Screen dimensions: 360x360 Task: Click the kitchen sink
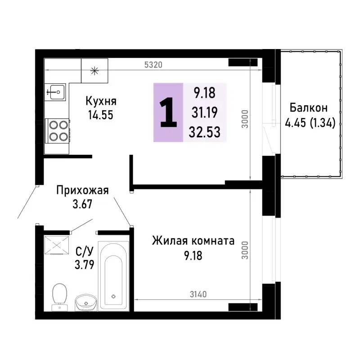[x=56, y=93]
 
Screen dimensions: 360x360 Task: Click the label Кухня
[x=101, y=101]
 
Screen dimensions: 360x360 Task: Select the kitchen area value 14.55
[x=101, y=114]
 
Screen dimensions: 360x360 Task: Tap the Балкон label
[x=308, y=108]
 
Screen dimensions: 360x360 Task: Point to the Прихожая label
[x=83, y=190]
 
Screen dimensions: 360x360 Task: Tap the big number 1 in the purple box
[x=168, y=112]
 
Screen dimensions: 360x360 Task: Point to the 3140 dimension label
[x=198, y=295]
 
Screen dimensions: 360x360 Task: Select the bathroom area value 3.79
[x=84, y=264]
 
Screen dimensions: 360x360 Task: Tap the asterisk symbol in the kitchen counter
[x=94, y=70]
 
